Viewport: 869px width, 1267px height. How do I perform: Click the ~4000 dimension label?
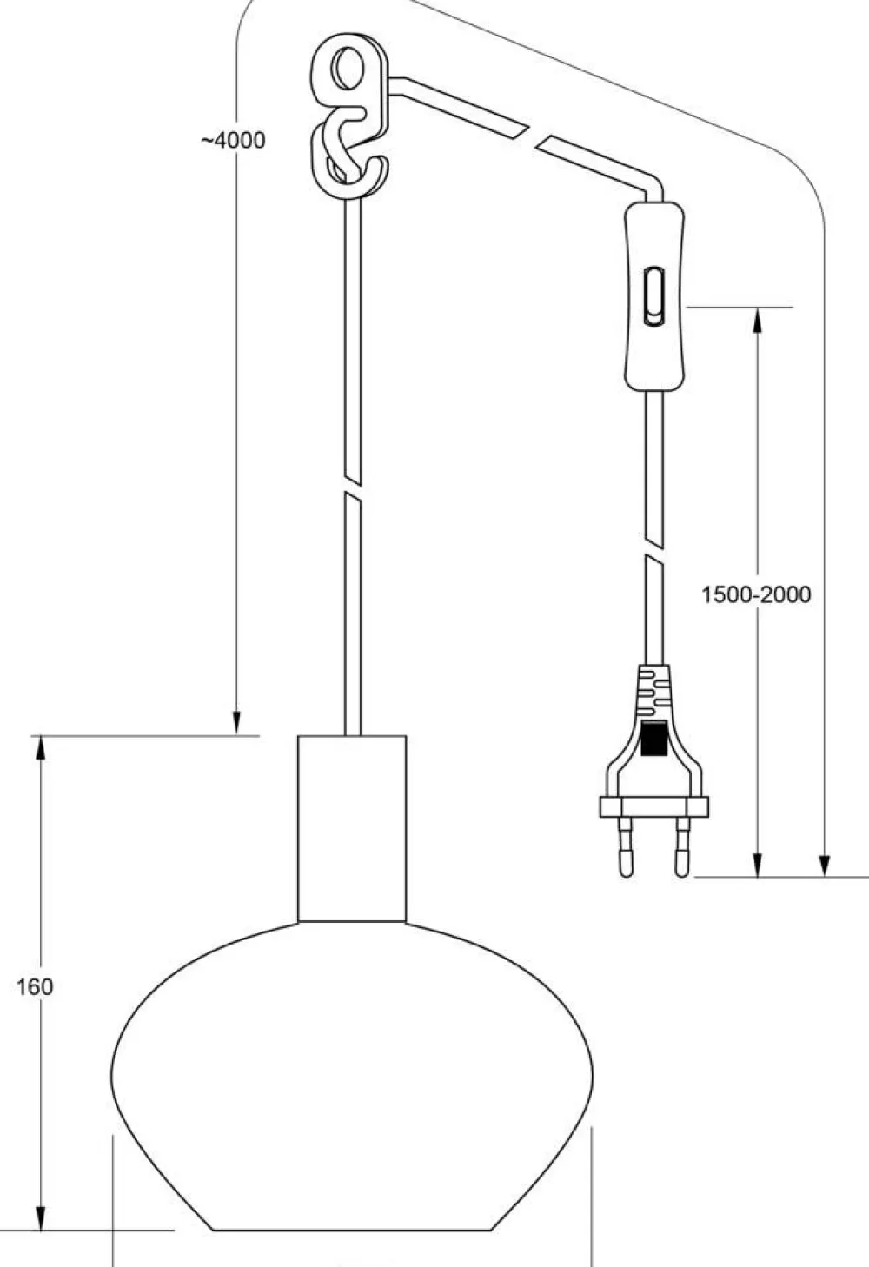point(233,140)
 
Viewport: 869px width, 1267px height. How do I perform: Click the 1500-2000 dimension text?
point(756,594)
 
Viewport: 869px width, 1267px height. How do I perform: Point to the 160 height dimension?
point(35,987)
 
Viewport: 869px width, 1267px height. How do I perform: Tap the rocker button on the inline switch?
point(654,297)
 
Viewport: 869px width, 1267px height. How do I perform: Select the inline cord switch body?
point(654,296)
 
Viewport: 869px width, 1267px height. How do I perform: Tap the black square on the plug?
point(654,739)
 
